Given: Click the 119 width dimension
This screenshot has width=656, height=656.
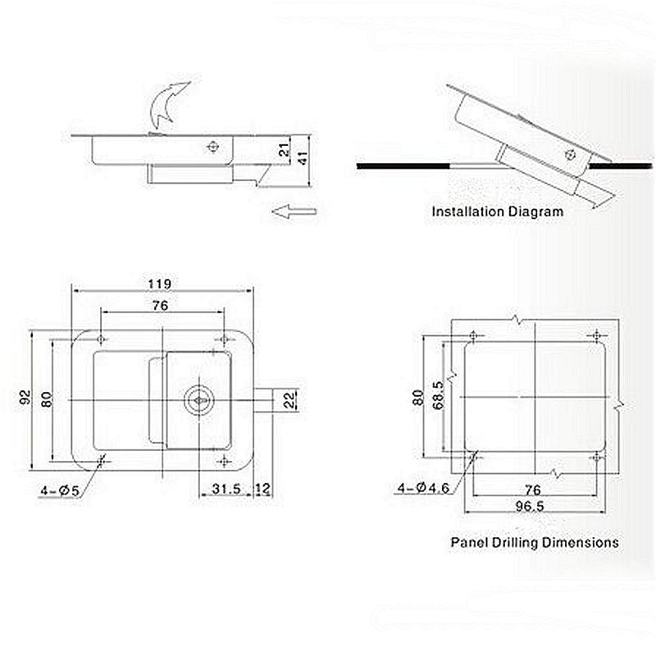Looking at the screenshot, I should pos(160,284).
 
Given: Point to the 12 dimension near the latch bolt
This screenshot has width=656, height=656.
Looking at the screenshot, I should pos(262,489).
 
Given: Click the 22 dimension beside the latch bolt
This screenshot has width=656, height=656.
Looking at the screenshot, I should pos(289,399).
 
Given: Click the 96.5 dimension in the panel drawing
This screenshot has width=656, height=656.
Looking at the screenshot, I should pos(531,506).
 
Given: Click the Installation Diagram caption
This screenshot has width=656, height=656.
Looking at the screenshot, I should pos(498,212).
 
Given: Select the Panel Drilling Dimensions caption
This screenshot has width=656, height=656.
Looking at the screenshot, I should pos(535,542).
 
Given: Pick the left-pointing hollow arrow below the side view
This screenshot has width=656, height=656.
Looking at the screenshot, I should pos(294,212).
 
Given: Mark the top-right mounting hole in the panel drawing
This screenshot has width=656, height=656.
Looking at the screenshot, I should pos(597,335).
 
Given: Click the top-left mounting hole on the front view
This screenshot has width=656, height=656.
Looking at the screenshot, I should pos(101,339).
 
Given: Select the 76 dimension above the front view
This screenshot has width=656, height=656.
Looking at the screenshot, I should pos(161,305).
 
